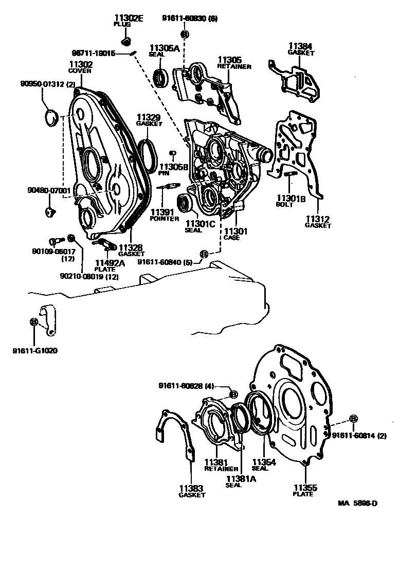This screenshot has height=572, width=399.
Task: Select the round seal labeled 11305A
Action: click(161, 78)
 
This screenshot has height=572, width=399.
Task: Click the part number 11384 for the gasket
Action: click(300, 46)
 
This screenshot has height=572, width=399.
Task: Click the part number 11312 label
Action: click(318, 219)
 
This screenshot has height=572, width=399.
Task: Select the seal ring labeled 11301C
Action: click(185, 202)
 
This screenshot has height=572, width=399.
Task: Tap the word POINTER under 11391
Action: click(164, 219)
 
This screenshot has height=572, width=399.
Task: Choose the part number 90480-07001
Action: click(49, 190)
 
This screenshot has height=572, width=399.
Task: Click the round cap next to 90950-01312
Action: click(50, 118)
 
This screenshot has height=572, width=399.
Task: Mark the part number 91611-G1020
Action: click(35, 351)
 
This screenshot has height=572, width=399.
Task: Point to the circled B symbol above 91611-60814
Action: click(353, 419)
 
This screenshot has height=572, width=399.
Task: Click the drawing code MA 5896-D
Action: click(357, 503)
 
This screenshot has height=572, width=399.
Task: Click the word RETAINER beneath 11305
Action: click(234, 66)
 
